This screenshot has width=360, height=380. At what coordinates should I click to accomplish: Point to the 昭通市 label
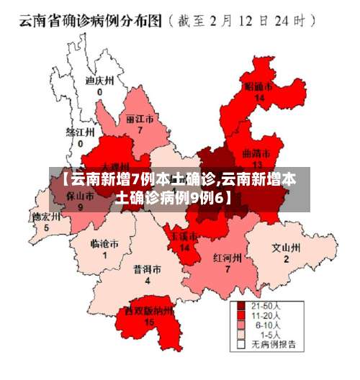[x=259, y=87]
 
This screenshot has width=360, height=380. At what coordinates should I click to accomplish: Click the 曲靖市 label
[x=256, y=153]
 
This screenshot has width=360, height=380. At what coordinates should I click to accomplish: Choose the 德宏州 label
[x=46, y=217]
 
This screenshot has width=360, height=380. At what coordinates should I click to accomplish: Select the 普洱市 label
[x=147, y=270]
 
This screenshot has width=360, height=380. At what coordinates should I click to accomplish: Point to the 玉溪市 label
[x=184, y=237]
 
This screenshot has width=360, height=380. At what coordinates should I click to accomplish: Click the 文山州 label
[x=285, y=248]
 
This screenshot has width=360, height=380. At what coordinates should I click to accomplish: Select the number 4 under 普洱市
[x=147, y=281]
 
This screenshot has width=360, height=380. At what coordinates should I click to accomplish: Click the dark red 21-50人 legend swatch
[x=242, y=307]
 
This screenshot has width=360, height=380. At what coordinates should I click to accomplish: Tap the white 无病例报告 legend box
[x=242, y=344]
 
